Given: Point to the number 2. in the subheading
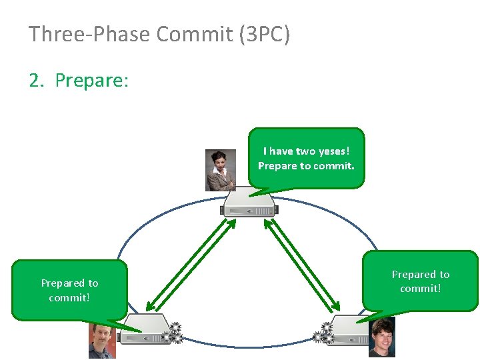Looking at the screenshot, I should click(38, 81).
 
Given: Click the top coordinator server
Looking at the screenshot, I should click(250, 203).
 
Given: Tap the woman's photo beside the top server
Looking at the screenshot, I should click(220, 170).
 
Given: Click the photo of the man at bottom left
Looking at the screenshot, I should click(101, 341).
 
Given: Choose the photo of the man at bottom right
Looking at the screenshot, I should click(382, 337).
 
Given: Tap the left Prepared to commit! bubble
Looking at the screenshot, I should click(69, 290).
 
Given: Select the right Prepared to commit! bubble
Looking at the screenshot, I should click(420, 281).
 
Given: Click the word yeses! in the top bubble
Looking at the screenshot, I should click(334, 151).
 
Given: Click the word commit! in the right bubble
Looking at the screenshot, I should click(420, 289).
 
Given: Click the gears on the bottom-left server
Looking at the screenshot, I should click(174, 332).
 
